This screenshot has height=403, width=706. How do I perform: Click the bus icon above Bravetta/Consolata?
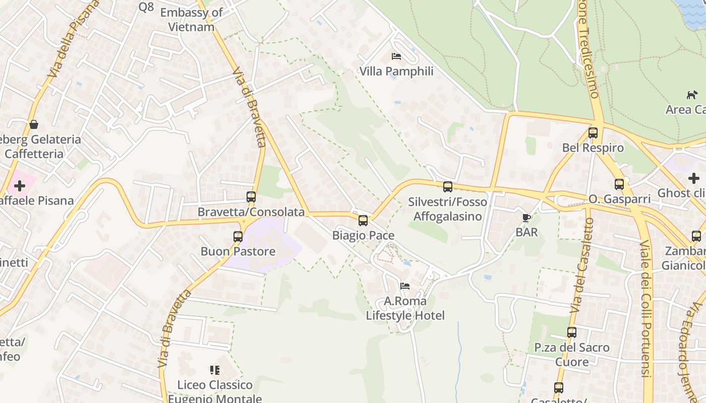tap(251, 197)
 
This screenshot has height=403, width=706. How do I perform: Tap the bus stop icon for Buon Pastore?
tap(238, 236)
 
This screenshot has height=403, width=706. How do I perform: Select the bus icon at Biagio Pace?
tap(363, 220)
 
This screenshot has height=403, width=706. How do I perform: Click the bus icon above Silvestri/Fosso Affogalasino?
tap(448, 187)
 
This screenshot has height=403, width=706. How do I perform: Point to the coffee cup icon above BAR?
tap(526, 218)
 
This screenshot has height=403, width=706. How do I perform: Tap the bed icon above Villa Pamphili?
tap(396, 56)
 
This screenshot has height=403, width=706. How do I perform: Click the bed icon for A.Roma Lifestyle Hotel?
tap(405, 286)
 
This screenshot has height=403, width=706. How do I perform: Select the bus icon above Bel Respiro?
tap(593, 133)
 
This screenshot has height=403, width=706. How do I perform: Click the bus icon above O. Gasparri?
tap(619, 184)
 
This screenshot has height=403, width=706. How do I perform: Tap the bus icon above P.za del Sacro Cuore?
tap(571, 332)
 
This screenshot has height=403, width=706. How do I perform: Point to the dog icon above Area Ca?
tap(692, 95)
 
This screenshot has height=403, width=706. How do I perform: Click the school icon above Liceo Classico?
tap(215, 370)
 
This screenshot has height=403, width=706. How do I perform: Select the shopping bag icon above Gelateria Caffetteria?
tap(34, 124)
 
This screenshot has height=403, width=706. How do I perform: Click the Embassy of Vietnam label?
tap(191, 20)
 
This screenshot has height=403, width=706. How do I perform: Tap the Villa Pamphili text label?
tap(396, 72)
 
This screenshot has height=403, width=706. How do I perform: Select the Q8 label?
tap(146, 7)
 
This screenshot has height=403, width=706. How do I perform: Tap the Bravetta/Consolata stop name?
tap(251, 212)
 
